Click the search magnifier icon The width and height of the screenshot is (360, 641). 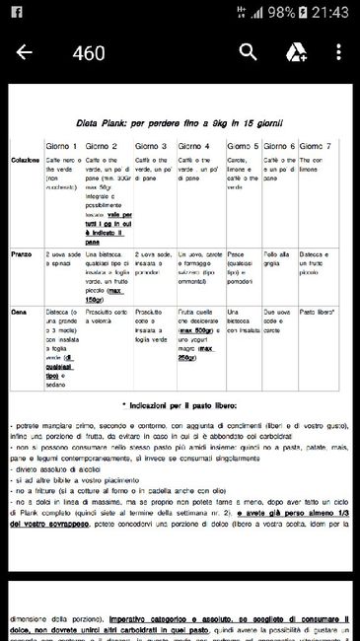click(249, 52)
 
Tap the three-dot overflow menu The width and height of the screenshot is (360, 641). click(339, 52)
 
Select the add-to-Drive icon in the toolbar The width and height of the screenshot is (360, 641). click(296, 52)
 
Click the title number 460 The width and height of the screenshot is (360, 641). click(88, 53)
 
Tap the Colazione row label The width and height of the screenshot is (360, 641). click(27, 160)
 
